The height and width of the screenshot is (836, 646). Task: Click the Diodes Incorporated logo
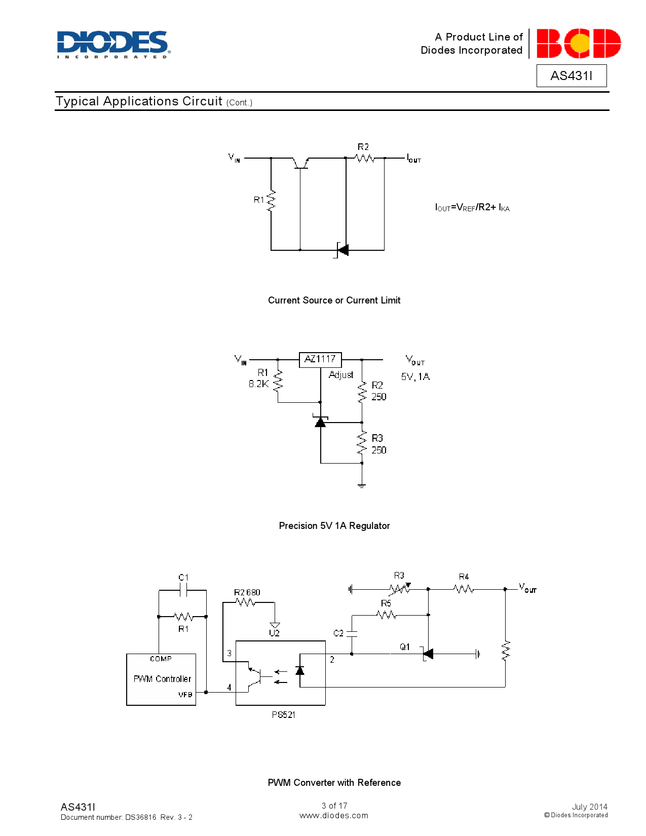tap(113, 44)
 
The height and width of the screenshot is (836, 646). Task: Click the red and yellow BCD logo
tap(578, 44)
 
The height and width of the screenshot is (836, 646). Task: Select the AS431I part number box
tap(571, 75)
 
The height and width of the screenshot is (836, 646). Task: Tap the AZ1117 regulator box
tap(320, 359)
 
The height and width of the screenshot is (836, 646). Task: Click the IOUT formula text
tap(472, 207)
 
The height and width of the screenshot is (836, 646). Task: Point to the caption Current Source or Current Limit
tap(334, 300)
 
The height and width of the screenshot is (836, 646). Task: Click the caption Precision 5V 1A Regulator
tap(334, 526)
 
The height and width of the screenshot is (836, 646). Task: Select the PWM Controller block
tap(161, 679)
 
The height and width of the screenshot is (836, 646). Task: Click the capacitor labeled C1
tap(183, 589)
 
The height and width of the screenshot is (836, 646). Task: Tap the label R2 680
tap(247, 592)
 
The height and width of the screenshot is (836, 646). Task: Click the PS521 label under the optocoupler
tap(283, 715)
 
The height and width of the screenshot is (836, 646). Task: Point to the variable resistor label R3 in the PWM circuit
tap(399, 576)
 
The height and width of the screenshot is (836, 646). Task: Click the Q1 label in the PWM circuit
tap(404, 647)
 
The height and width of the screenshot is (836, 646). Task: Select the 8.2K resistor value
tap(258, 384)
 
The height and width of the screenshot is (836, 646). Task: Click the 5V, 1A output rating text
tap(415, 377)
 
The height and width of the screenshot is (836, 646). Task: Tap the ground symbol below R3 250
tap(362, 485)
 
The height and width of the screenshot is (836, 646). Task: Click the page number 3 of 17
tap(334, 806)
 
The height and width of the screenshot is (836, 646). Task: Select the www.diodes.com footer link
tap(334, 816)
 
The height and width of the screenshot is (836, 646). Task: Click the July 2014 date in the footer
tap(589, 807)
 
